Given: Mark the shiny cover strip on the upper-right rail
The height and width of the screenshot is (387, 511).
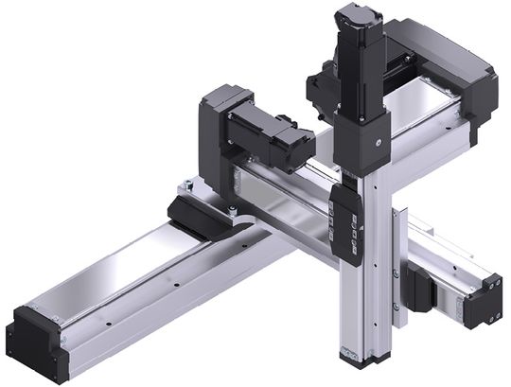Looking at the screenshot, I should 416,109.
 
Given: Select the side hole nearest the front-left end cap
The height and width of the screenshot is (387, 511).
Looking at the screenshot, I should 109,322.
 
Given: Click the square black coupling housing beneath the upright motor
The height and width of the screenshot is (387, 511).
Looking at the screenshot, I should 362,142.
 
